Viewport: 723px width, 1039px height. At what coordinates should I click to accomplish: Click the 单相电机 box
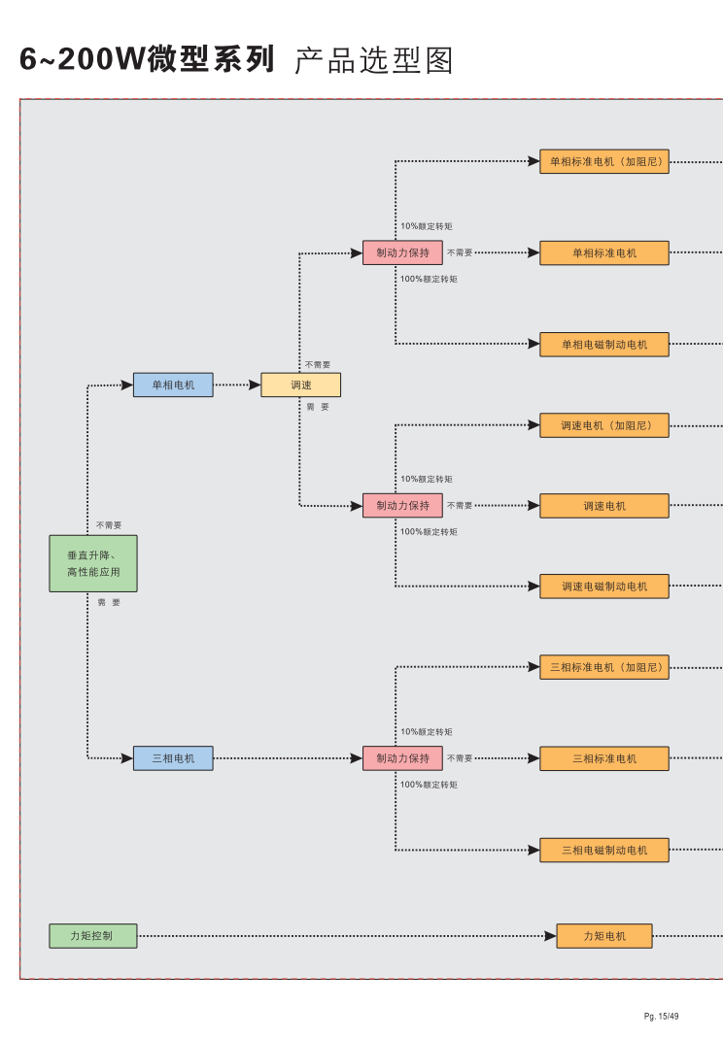click(x=173, y=385)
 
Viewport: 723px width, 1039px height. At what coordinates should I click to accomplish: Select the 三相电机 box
click(x=173, y=758)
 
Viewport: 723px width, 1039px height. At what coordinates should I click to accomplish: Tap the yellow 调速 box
click(x=300, y=385)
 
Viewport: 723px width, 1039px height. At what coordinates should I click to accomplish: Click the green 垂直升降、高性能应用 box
click(x=93, y=563)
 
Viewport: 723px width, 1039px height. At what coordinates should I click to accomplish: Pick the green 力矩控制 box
click(x=93, y=936)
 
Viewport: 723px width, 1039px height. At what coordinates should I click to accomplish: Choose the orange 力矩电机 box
click(x=604, y=936)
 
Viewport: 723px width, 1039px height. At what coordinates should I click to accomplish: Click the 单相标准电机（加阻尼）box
click(x=604, y=162)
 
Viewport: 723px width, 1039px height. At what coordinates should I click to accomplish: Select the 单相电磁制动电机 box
click(x=604, y=345)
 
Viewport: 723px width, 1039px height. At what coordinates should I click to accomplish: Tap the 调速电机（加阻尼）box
click(x=604, y=425)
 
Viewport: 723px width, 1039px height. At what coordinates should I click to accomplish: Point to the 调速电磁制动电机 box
click(x=604, y=587)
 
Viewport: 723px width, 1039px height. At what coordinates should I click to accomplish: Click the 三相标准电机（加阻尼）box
click(x=604, y=667)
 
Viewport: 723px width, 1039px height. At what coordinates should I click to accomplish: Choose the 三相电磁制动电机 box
click(x=604, y=851)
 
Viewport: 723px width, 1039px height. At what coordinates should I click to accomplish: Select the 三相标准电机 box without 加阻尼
click(x=604, y=758)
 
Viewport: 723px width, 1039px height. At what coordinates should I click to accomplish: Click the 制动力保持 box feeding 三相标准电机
click(x=402, y=758)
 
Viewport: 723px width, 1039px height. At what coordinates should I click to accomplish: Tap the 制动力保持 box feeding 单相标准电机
click(x=402, y=252)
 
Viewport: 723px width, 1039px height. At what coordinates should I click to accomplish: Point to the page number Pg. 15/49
click(x=661, y=1017)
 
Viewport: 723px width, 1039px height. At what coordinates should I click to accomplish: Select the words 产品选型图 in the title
click(x=373, y=60)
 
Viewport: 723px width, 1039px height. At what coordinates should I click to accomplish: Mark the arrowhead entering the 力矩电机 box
click(x=550, y=936)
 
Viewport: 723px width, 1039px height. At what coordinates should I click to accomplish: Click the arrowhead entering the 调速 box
click(x=255, y=385)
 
